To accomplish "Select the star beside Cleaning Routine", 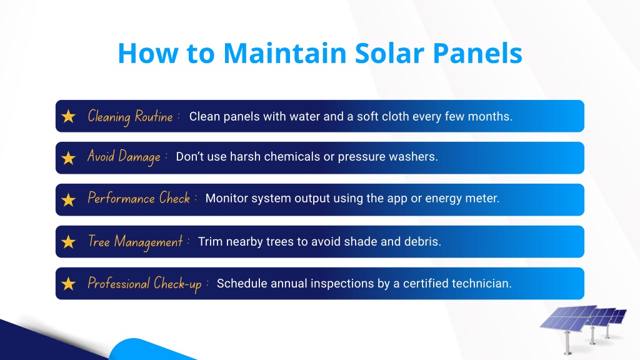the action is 69,116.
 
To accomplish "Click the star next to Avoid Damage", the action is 69,158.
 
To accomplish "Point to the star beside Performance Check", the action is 69,200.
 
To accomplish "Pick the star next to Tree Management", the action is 69,242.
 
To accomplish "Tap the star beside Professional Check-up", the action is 69,284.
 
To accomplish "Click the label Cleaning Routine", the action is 130,117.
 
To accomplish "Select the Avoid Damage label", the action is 124,157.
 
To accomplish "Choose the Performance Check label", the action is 139,198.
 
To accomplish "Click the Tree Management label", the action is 136,242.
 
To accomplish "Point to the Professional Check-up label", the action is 145,284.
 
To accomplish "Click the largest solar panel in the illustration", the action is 568,318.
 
